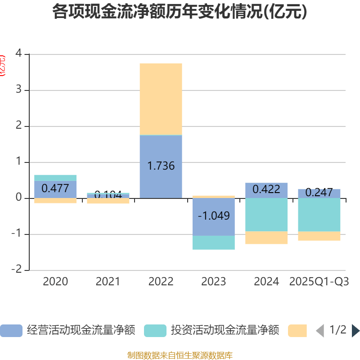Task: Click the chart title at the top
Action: (x=180, y=12)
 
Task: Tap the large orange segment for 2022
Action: (x=161, y=99)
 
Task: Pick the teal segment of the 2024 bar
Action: (x=266, y=215)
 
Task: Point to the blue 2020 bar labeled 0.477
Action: (x=55, y=189)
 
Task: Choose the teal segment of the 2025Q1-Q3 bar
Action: (x=319, y=215)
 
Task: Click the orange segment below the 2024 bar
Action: (x=266, y=238)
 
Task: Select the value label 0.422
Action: (x=266, y=189)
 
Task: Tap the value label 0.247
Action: (x=319, y=193)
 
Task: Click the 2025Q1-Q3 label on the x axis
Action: (x=319, y=282)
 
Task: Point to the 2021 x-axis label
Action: (x=108, y=282)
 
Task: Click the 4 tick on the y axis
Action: (x=18, y=54)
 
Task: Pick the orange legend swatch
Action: (x=297, y=331)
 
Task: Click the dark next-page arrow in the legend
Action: (x=355, y=331)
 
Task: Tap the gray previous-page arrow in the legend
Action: (x=320, y=331)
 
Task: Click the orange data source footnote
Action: (x=180, y=355)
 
